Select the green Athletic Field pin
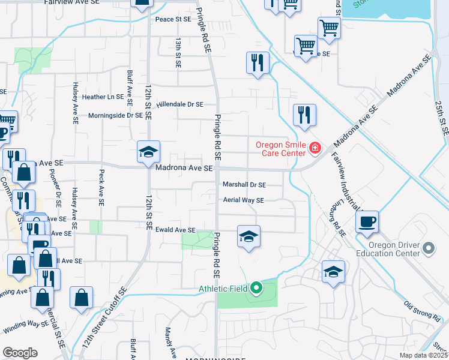coord(256,289)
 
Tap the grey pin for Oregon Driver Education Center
coord(428,248)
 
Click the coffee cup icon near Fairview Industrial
coord(367,221)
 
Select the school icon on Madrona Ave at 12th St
coord(148,152)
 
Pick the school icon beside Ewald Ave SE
coord(249,236)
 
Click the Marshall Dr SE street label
coord(244,185)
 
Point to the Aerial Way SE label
coord(243,200)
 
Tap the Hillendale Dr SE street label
coord(180,104)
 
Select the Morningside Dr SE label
coord(115,116)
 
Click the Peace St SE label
coord(173,19)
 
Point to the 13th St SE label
coord(178,52)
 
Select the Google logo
coord(20,353)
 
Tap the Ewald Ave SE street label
coord(175,230)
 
